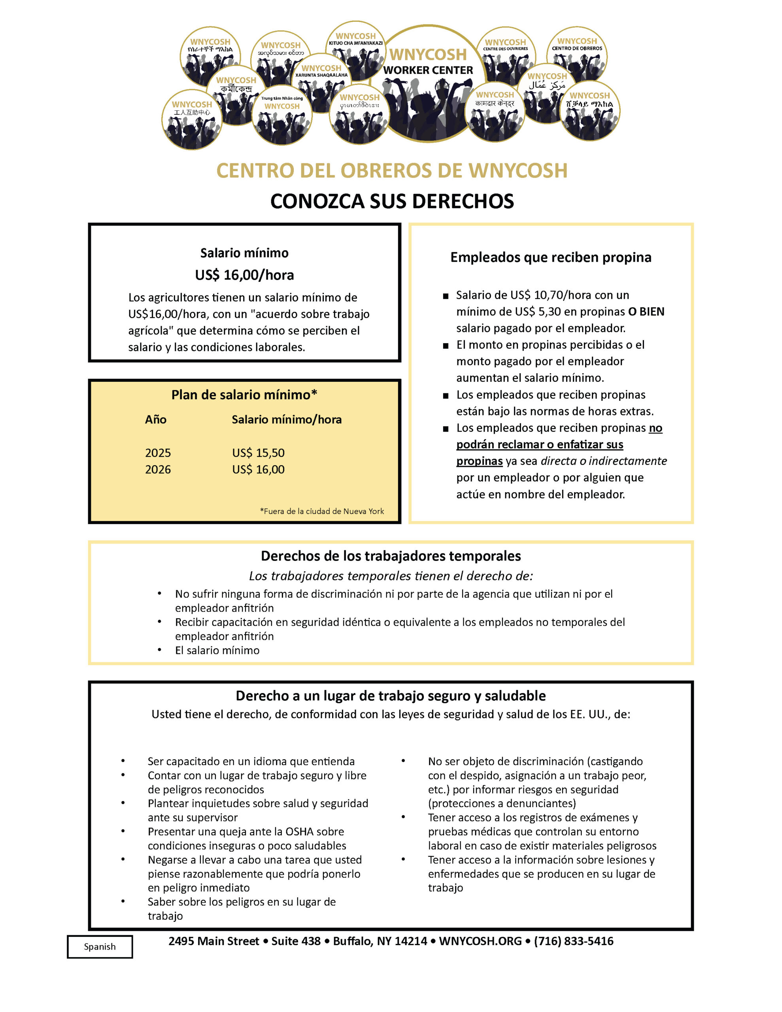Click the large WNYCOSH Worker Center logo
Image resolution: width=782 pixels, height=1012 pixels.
point(428,83)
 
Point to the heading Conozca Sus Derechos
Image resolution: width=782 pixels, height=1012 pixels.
point(392,201)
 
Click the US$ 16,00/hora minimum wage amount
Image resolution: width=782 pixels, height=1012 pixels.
point(244,275)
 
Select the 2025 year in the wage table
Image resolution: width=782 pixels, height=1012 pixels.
point(158,453)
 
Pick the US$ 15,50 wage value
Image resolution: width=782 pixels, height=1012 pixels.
point(258,453)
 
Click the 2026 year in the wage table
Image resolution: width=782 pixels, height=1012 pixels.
point(158,469)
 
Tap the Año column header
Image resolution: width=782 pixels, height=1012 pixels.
point(155,419)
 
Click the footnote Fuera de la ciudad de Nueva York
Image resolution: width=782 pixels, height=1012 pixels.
point(322,511)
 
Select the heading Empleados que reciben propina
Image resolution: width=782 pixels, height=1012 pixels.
point(551,257)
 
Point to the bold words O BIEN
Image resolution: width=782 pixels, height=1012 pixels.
point(646,312)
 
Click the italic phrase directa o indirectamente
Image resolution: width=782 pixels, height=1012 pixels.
point(604,461)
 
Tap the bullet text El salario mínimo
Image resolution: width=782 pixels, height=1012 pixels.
point(217,650)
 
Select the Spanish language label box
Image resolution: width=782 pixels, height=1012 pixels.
point(100,946)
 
